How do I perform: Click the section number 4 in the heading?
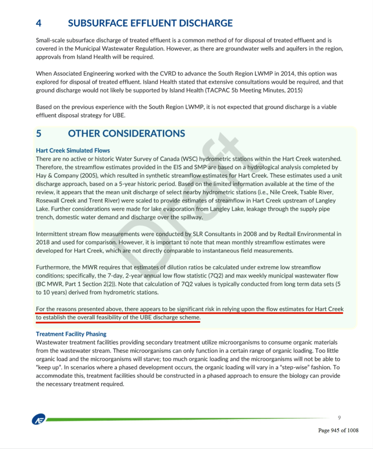[x=39, y=23]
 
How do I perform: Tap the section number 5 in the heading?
[x=39, y=133]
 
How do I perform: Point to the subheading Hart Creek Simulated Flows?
[x=73, y=150]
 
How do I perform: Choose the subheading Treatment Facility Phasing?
[x=71, y=334]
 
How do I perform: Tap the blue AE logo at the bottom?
[x=38, y=419]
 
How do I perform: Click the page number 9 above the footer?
[x=339, y=417]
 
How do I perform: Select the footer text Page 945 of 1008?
[x=338, y=430]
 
